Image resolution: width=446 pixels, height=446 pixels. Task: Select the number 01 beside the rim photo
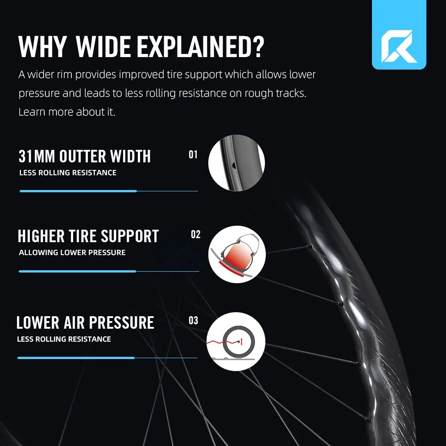[x=193, y=155]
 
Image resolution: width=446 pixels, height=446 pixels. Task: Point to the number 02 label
[x=196, y=235]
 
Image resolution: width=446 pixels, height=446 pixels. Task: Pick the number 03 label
[x=193, y=321]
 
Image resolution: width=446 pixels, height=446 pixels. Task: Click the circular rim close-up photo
[x=236, y=163]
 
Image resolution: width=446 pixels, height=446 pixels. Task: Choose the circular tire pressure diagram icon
[x=236, y=342]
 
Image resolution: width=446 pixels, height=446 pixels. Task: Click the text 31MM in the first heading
[x=37, y=157]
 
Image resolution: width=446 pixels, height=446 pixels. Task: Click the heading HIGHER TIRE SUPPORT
[x=88, y=236]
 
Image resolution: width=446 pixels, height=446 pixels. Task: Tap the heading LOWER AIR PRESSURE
[x=85, y=322]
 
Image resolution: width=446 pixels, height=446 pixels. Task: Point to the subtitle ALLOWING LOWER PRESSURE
[x=72, y=252]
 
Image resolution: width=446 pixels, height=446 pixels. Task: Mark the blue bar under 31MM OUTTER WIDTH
[x=78, y=191]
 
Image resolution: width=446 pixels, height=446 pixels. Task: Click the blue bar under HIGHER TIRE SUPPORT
[x=77, y=271]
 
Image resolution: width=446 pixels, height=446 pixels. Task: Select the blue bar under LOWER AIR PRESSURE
[x=76, y=358]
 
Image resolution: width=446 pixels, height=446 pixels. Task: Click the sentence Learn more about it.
[x=67, y=112]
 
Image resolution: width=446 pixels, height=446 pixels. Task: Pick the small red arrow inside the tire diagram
[x=241, y=343]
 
